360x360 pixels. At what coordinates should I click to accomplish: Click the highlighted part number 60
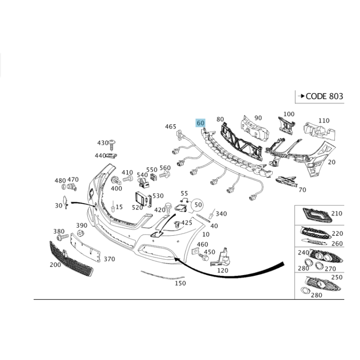(x=200, y=123)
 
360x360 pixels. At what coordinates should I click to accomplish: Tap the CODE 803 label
(x=324, y=96)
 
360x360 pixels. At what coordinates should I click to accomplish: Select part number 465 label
(x=171, y=126)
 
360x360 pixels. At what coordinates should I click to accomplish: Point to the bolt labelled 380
(x=63, y=237)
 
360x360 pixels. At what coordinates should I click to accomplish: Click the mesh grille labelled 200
(x=71, y=259)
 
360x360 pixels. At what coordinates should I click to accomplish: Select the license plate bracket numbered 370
(x=85, y=247)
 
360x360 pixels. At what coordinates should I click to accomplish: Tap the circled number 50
(x=198, y=205)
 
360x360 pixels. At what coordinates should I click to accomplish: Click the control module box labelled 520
(x=141, y=198)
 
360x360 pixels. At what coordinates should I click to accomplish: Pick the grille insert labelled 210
(x=317, y=215)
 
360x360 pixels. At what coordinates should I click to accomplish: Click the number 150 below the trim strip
(x=180, y=283)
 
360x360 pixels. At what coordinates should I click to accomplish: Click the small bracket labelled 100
(x=286, y=126)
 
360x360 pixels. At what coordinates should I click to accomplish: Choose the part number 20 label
(x=332, y=162)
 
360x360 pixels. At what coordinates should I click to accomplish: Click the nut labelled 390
(x=80, y=233)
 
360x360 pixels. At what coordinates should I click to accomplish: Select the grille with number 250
(x=323, y=284)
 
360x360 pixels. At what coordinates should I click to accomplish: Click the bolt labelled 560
(x=165, y=175)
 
